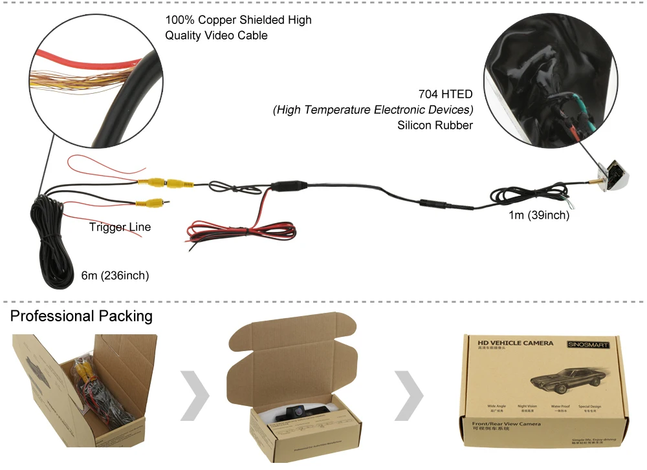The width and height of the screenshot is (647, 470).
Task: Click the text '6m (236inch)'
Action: (x=115, y=276)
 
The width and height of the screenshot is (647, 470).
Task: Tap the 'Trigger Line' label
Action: (x=120, y=227)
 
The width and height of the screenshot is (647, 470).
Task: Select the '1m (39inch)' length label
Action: (x=539, y=215)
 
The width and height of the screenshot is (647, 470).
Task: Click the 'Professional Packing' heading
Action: (x=82, y=316)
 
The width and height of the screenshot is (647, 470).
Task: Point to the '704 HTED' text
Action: (x=446, y=94)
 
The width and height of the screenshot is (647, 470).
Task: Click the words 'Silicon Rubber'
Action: (x=435, y=125)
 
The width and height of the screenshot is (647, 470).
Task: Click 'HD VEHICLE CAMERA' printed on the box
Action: (x=516, y=343)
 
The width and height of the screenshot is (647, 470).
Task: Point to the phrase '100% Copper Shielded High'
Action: (x=238, y=20)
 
